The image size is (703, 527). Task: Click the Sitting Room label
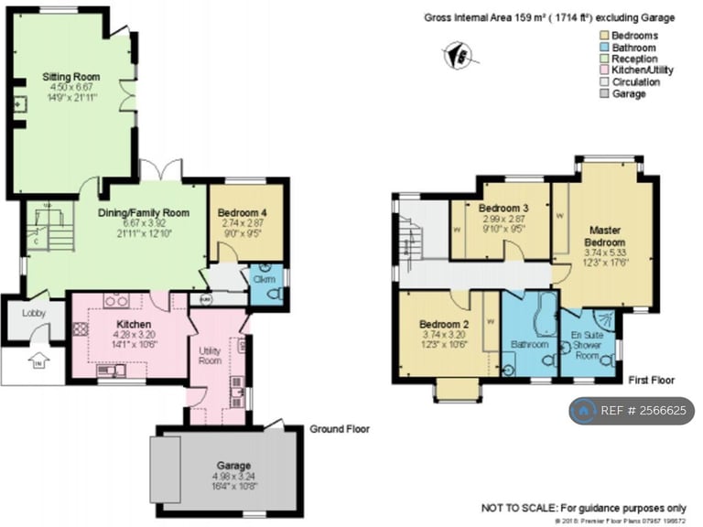point(70,76)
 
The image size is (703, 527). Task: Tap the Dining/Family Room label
point(144,212)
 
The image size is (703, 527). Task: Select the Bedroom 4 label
point(242,212)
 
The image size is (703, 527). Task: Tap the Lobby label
point(34,314)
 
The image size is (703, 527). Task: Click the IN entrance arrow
point(37,361)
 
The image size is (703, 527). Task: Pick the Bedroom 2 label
point(444,325)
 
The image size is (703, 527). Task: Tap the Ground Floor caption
point(338,428)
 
